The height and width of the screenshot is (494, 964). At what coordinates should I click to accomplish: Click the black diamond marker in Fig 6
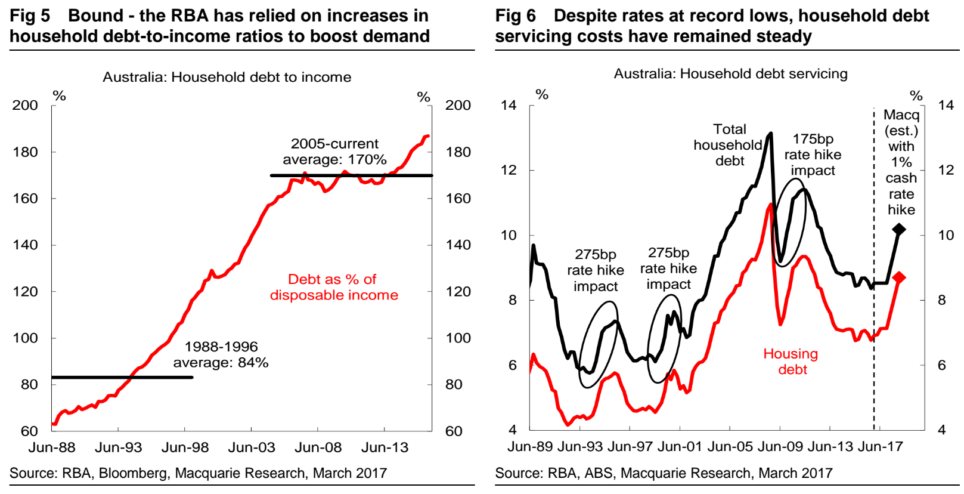click(899, 229)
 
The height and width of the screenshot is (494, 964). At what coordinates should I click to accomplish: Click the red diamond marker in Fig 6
click(899, 277)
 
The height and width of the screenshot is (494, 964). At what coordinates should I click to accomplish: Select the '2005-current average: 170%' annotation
click(334, 152)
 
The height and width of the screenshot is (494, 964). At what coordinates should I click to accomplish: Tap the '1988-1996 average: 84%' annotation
click(221, 354)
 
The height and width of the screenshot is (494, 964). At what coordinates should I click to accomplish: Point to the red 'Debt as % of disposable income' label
click(334, 287)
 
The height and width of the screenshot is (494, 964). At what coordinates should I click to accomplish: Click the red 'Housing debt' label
click(791, 362)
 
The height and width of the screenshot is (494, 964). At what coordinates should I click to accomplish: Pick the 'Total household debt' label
click(729, 145)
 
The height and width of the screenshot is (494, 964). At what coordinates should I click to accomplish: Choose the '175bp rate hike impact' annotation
click(813, 155)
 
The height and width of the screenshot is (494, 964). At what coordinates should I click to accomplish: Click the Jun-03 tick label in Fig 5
click(252, 447)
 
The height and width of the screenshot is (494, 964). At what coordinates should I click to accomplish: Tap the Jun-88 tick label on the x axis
click(52, 447)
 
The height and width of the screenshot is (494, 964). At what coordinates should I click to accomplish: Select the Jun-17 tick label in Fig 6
click(880, 446)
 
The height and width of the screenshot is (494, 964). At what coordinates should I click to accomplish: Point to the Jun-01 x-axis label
click(680, 446)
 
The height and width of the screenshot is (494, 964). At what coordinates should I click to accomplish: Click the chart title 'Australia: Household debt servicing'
click(730, 73)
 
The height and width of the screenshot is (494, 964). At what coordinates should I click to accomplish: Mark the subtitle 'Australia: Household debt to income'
click(227, 77)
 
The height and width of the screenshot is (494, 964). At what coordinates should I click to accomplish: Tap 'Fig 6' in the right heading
click(516, 16)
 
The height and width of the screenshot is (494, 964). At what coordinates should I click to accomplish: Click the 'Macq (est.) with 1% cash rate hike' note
click(901, 162)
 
